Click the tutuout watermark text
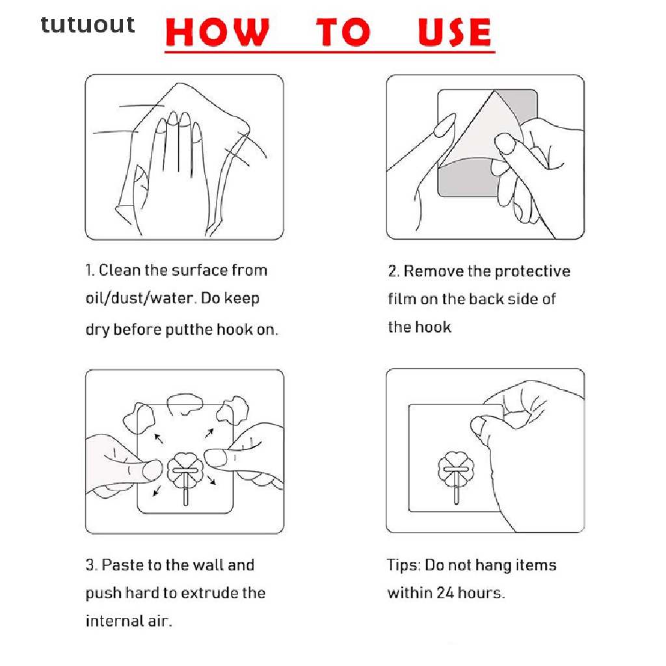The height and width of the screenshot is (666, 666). (88, 25)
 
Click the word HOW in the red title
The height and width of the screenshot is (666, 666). (217, 32)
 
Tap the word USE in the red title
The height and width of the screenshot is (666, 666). (455, 32)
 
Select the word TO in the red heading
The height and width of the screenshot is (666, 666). (343, 32)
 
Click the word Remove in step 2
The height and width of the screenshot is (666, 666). (433, 271)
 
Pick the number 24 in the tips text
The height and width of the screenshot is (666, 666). (445, 593)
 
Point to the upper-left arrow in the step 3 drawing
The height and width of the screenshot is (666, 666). (159, 438)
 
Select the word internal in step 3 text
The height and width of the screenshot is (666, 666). (114, 621)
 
